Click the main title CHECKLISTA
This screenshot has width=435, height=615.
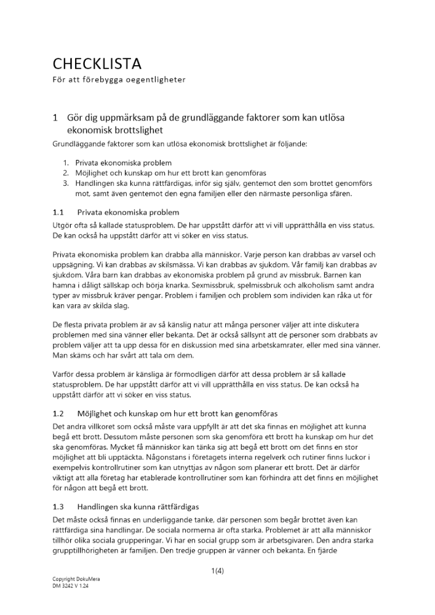click(x=97, y=63)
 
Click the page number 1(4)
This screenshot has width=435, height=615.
click(x=217, y=571)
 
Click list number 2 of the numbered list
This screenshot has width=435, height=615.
click(x=66, y=173)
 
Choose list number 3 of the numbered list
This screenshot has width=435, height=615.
click(x=66, y=183)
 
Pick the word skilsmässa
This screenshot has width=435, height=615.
click(x=157, y=264)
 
